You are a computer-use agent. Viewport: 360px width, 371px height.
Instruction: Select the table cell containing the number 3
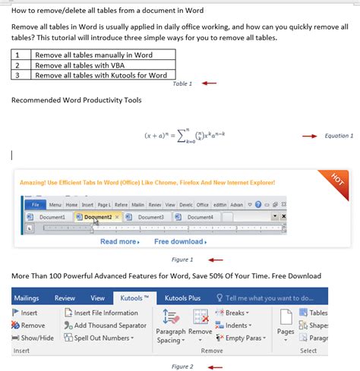[17, 75]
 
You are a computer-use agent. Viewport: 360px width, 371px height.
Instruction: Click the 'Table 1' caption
[182, 83]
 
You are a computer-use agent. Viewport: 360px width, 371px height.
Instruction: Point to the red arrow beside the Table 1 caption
[208, 83]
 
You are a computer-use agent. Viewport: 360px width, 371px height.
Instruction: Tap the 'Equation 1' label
[338, 136]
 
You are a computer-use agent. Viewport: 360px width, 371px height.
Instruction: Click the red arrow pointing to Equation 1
[308, 136]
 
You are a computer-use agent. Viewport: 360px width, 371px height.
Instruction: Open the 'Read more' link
[119, 241]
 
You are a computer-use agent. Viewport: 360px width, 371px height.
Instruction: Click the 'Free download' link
[179, 241]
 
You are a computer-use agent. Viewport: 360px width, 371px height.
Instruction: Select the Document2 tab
[97, 217]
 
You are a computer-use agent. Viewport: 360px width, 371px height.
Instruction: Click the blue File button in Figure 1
[34, 204]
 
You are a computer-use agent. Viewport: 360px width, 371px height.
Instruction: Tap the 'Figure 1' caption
[182, 259]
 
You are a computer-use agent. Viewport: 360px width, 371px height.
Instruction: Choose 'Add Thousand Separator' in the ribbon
[109, 325]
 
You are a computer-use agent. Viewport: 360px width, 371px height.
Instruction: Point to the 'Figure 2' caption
[182, 366]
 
